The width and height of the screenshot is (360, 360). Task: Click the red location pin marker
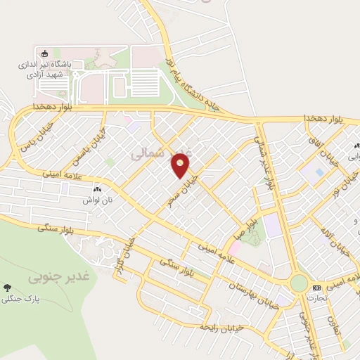181,165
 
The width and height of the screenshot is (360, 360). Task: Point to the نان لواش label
97,199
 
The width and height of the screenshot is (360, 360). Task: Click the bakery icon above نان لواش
97,189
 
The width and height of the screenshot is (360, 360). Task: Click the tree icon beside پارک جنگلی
7,288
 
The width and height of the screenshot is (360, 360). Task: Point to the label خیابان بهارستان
252,295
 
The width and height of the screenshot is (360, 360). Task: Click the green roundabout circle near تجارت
299,283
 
